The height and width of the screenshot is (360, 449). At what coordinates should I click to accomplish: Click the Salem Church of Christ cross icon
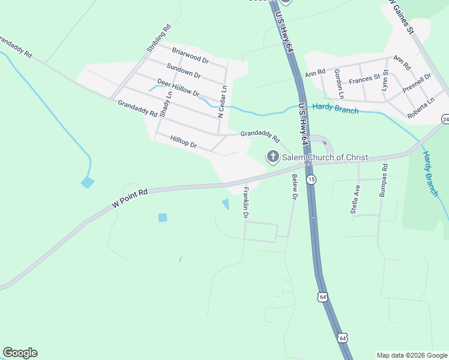pyautogui.click(x=273, y=157)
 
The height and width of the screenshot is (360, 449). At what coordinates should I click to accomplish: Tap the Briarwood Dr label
pyautogui.click(x=190, y=56)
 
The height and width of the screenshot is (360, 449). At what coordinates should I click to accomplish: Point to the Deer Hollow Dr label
pyautogui.click(x=178, y=87)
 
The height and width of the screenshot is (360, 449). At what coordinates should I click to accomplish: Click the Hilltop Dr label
pyautogui.click(x=184, y=141)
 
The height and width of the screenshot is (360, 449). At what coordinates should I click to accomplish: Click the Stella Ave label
pyautogui.click(x=355, y=199)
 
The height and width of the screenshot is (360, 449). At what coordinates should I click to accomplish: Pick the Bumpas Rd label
pyautogui.click(x=383, y=180)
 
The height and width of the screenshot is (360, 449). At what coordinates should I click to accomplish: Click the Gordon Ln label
pyautogui.click(x=339, y=84)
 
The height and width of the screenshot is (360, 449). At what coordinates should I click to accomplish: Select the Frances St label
pyautogui.click(x=364, y=79)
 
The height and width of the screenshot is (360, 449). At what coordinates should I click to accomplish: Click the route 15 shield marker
pyautogui.click(x=311, y=179)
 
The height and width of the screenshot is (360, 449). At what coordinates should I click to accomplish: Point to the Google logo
pyautogui.click(x=20, y=353)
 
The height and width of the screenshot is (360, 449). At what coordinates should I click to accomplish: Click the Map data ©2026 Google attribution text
pyautogui.click(x=411, y=355)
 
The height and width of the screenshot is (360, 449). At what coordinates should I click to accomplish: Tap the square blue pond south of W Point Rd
pyautogui.click(x=163, y=218)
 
